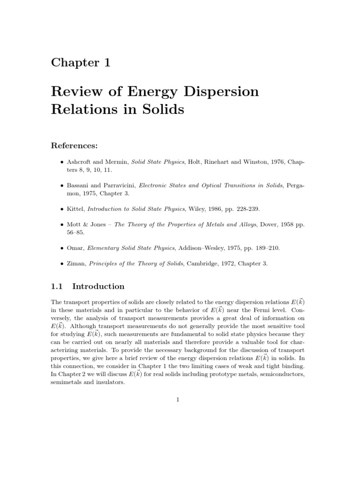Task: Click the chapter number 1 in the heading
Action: pyautogui.click(x=105, y=62)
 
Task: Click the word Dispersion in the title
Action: pyautogui.click(x=222, y=91)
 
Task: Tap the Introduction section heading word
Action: pyautogui.click(x=98, y=286)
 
